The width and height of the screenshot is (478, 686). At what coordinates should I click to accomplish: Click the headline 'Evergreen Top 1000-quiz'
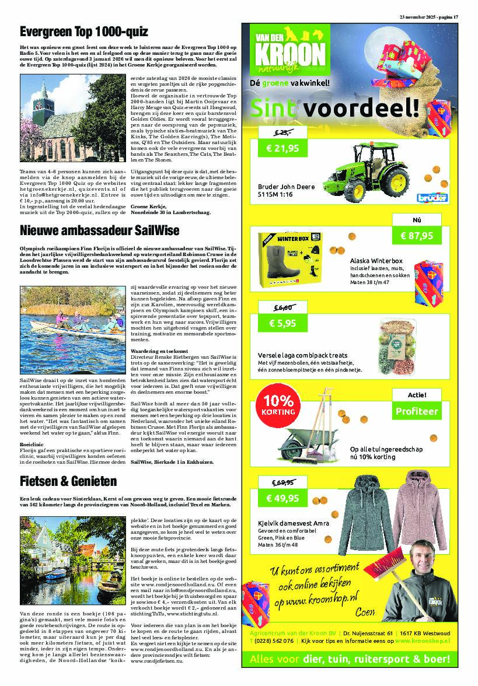coord(83,32)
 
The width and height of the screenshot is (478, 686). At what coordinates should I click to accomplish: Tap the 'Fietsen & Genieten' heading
coord(68,481)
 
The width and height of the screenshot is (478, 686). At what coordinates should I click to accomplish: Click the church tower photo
coord(73,121)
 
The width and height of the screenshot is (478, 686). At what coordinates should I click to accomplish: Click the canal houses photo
coord(73,561)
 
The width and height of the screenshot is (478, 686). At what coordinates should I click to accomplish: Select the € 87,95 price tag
coord(417,236)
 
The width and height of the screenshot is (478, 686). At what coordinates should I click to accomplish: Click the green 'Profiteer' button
coord(417,411)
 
